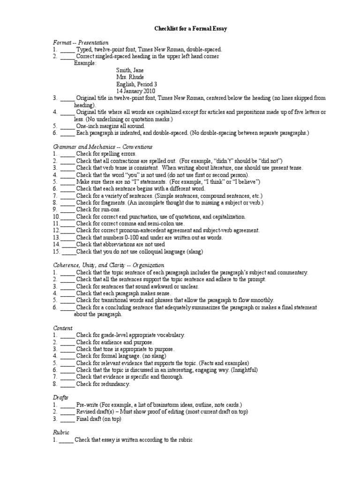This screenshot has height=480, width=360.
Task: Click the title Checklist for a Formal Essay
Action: pos(191,29)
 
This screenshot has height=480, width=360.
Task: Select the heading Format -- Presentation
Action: pos(80,43)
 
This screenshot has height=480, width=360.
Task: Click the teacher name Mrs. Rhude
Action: pos(130,77)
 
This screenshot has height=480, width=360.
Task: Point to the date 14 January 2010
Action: pos(136,90)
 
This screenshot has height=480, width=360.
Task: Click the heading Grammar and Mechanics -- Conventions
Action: pos(103,147)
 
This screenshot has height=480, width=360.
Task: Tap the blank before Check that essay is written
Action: pos(66,440)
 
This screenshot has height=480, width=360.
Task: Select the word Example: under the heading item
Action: pos(85,63)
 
